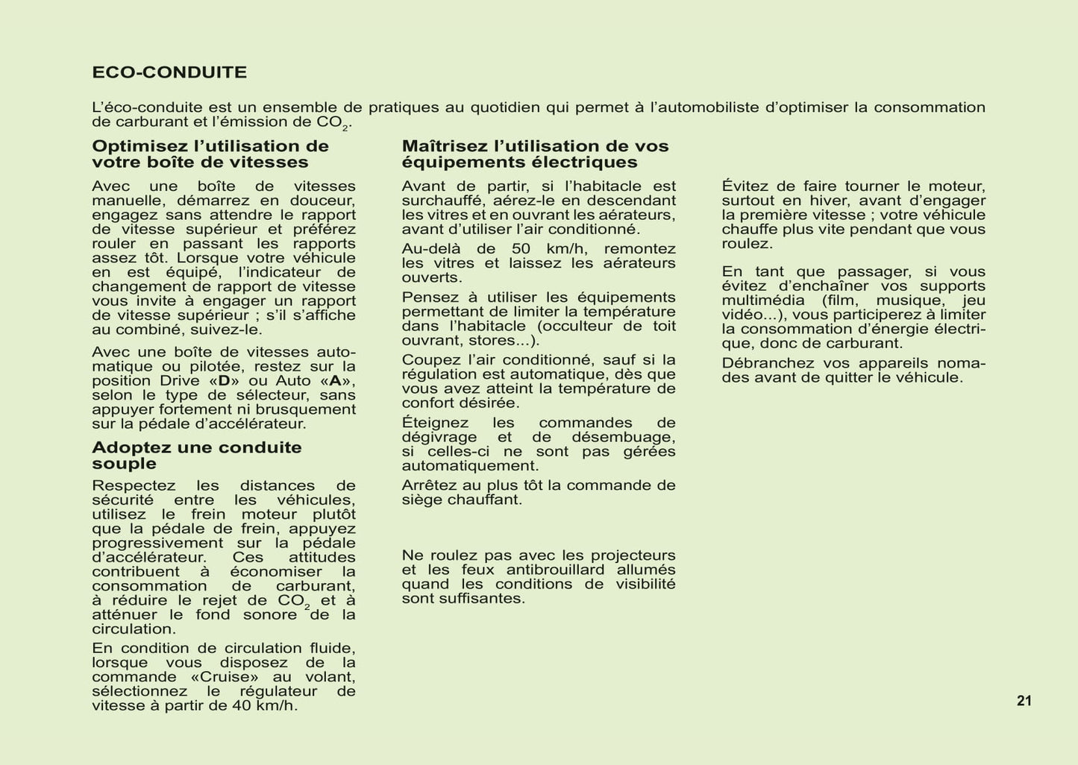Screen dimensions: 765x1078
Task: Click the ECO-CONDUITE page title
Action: point(169,72)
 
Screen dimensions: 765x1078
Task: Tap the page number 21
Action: point(1024,701)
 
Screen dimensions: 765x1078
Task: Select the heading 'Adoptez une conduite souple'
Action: point(197,456)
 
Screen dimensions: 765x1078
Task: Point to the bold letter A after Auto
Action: point(335,381)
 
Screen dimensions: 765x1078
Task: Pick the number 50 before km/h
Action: point(522,249)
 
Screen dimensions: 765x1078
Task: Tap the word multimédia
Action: point(763,300)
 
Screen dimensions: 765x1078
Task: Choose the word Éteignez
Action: point(435,423)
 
